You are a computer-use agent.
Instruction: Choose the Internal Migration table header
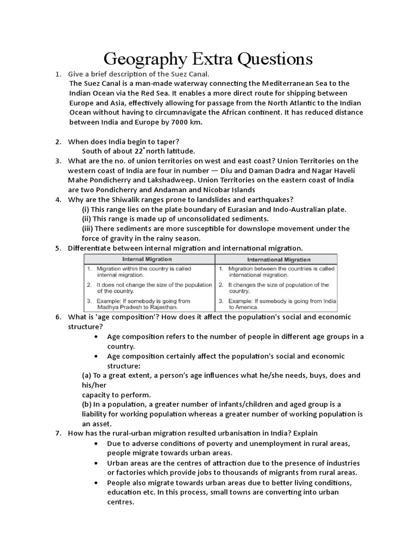pos(147,260)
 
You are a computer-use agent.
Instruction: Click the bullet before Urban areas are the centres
pos(96,463)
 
